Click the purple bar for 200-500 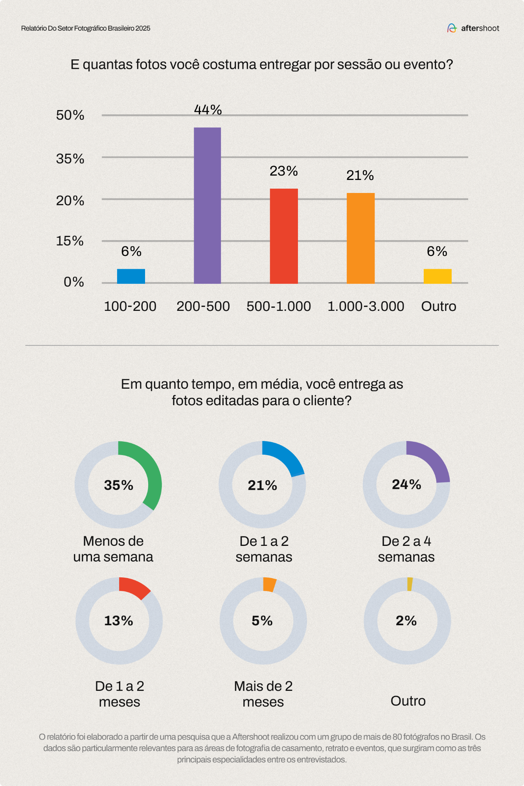click(x=207, y=205)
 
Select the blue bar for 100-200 click(x=131, y=276)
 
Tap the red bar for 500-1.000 click(x=283, y=236)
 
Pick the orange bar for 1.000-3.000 click(x=360, y=238)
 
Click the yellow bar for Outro click(x=437, y=276)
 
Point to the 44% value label click(x=208, y=110)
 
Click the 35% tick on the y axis click(x=70, y=159)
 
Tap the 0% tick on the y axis click(x=74, y=282)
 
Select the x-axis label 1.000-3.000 click(x=366, y=307)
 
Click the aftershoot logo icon click(x=452, y=28)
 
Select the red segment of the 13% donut click(x=135, y=587)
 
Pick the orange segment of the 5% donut click(x=269, y=584)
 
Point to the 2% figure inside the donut click(x=406, y=621)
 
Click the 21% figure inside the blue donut click(x=262, y=485)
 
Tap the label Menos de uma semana click(x=113, y=549)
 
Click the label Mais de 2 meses click(x=263, y=694)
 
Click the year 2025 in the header click(x=143, y=28)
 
